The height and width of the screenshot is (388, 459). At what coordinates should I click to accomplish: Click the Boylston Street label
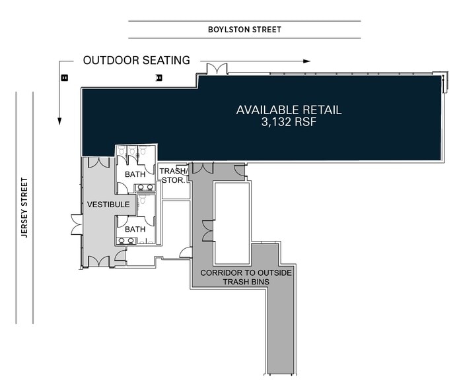point(244,30)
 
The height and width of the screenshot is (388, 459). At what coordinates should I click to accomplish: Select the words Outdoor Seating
point(137,60)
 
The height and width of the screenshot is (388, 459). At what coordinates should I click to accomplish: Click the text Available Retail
point(289,110)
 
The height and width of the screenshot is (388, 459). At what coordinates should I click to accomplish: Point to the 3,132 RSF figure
point(289,122)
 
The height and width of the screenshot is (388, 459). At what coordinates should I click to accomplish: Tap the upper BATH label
point(135,175)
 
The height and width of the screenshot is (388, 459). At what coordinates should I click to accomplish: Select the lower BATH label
point(135,229)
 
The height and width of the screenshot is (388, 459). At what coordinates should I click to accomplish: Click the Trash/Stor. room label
point(174,175)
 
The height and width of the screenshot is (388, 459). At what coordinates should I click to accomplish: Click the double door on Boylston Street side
point(217,69)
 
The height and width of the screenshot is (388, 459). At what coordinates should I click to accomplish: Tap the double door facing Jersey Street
point(77,225)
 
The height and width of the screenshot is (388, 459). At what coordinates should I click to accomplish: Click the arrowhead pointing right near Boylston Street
point(306,61)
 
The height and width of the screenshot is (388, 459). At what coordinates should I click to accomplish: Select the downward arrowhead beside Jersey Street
point(59,121)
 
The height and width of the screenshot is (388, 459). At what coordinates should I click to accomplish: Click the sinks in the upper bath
point(145,187)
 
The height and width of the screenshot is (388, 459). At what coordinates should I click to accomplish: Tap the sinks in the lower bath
point(126,241)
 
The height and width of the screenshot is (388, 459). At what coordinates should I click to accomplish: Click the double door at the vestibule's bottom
point(99,261)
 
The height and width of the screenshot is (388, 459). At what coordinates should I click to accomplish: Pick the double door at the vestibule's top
point(98,162)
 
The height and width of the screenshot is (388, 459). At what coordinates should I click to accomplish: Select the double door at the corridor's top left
point(203,168)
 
